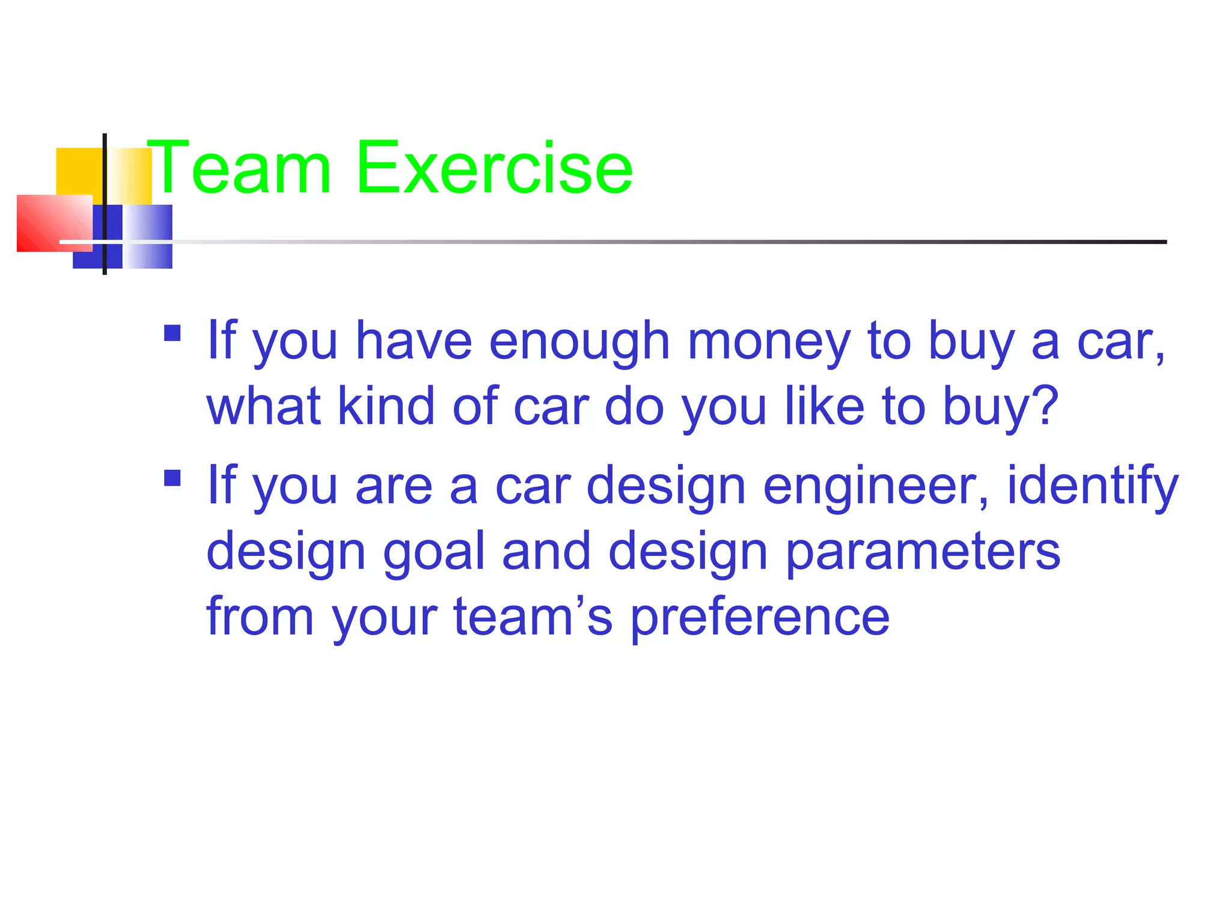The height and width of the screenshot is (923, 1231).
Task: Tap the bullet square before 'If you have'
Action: click(173, 333)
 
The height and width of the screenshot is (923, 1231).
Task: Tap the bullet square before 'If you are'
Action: click(173, 478)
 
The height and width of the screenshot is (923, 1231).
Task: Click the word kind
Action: click(386, 407)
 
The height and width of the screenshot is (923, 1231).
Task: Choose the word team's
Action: click(533, 617)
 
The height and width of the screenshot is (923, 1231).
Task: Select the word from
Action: click(260, 617)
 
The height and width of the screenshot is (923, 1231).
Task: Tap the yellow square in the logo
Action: click(78, 171)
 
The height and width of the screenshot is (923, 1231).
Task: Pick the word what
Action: click(263, 407)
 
